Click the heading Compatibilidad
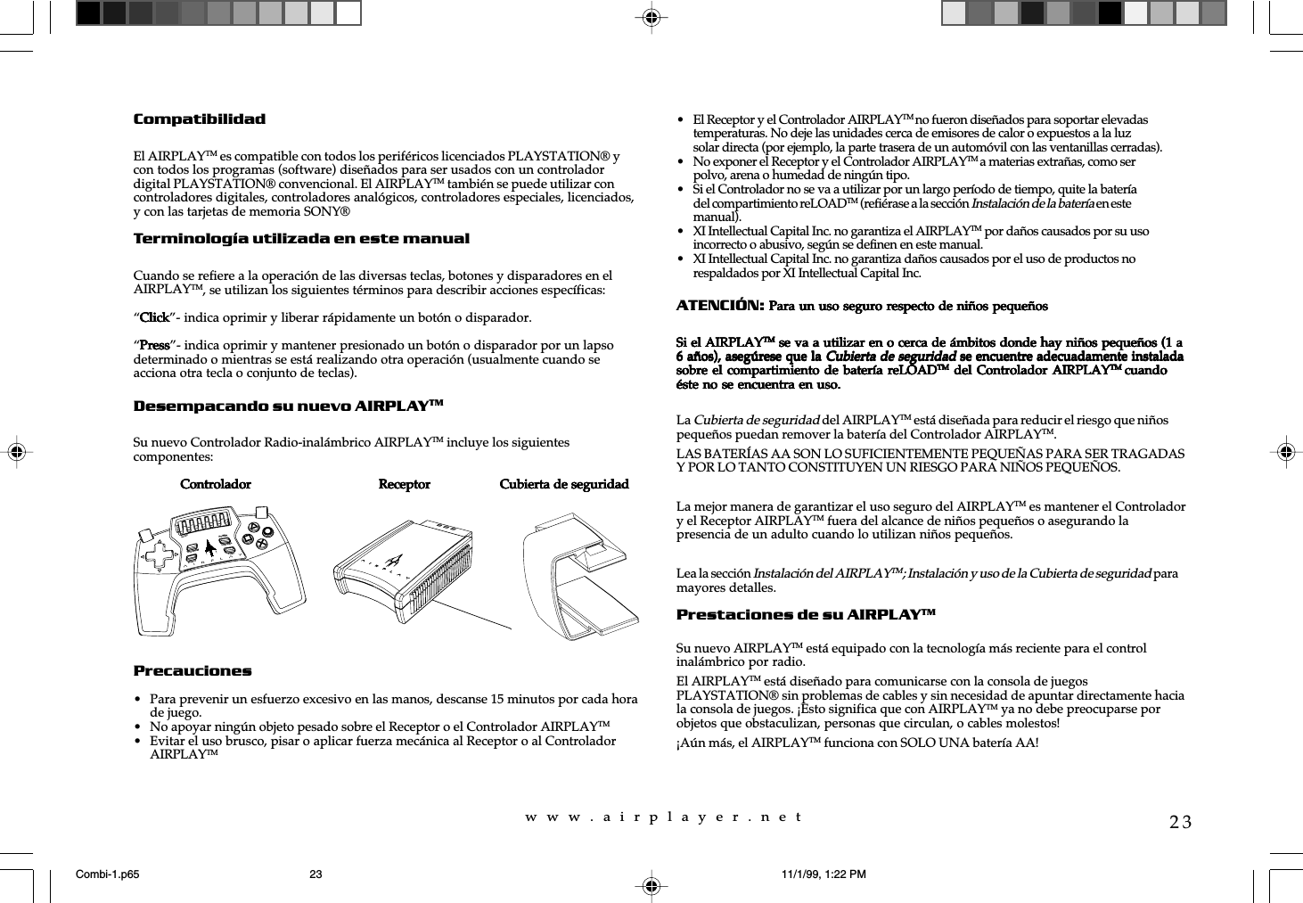click(x=199, y=119)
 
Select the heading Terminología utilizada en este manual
click(x=300, y=239)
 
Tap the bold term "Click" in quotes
click(x=155, y=318)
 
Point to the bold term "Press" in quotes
click(x=154, y=346)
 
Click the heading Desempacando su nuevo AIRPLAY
click(x=287, y=406)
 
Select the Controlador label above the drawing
click(x=216, y=485)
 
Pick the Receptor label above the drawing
click(x=404, y=485)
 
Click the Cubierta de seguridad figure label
click(x=563, y=485)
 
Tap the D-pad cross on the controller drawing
click(x=161, y=558)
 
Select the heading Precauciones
click(x=193, y=671)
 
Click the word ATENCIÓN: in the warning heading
click(x=719, y=306)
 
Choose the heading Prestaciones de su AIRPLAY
click(x=805, y=615)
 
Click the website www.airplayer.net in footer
click(x=664, y=817)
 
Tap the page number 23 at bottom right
click(x=1180, y=822)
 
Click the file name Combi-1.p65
click(x=108, y=874)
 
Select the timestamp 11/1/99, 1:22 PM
click(x=823, y=874)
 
